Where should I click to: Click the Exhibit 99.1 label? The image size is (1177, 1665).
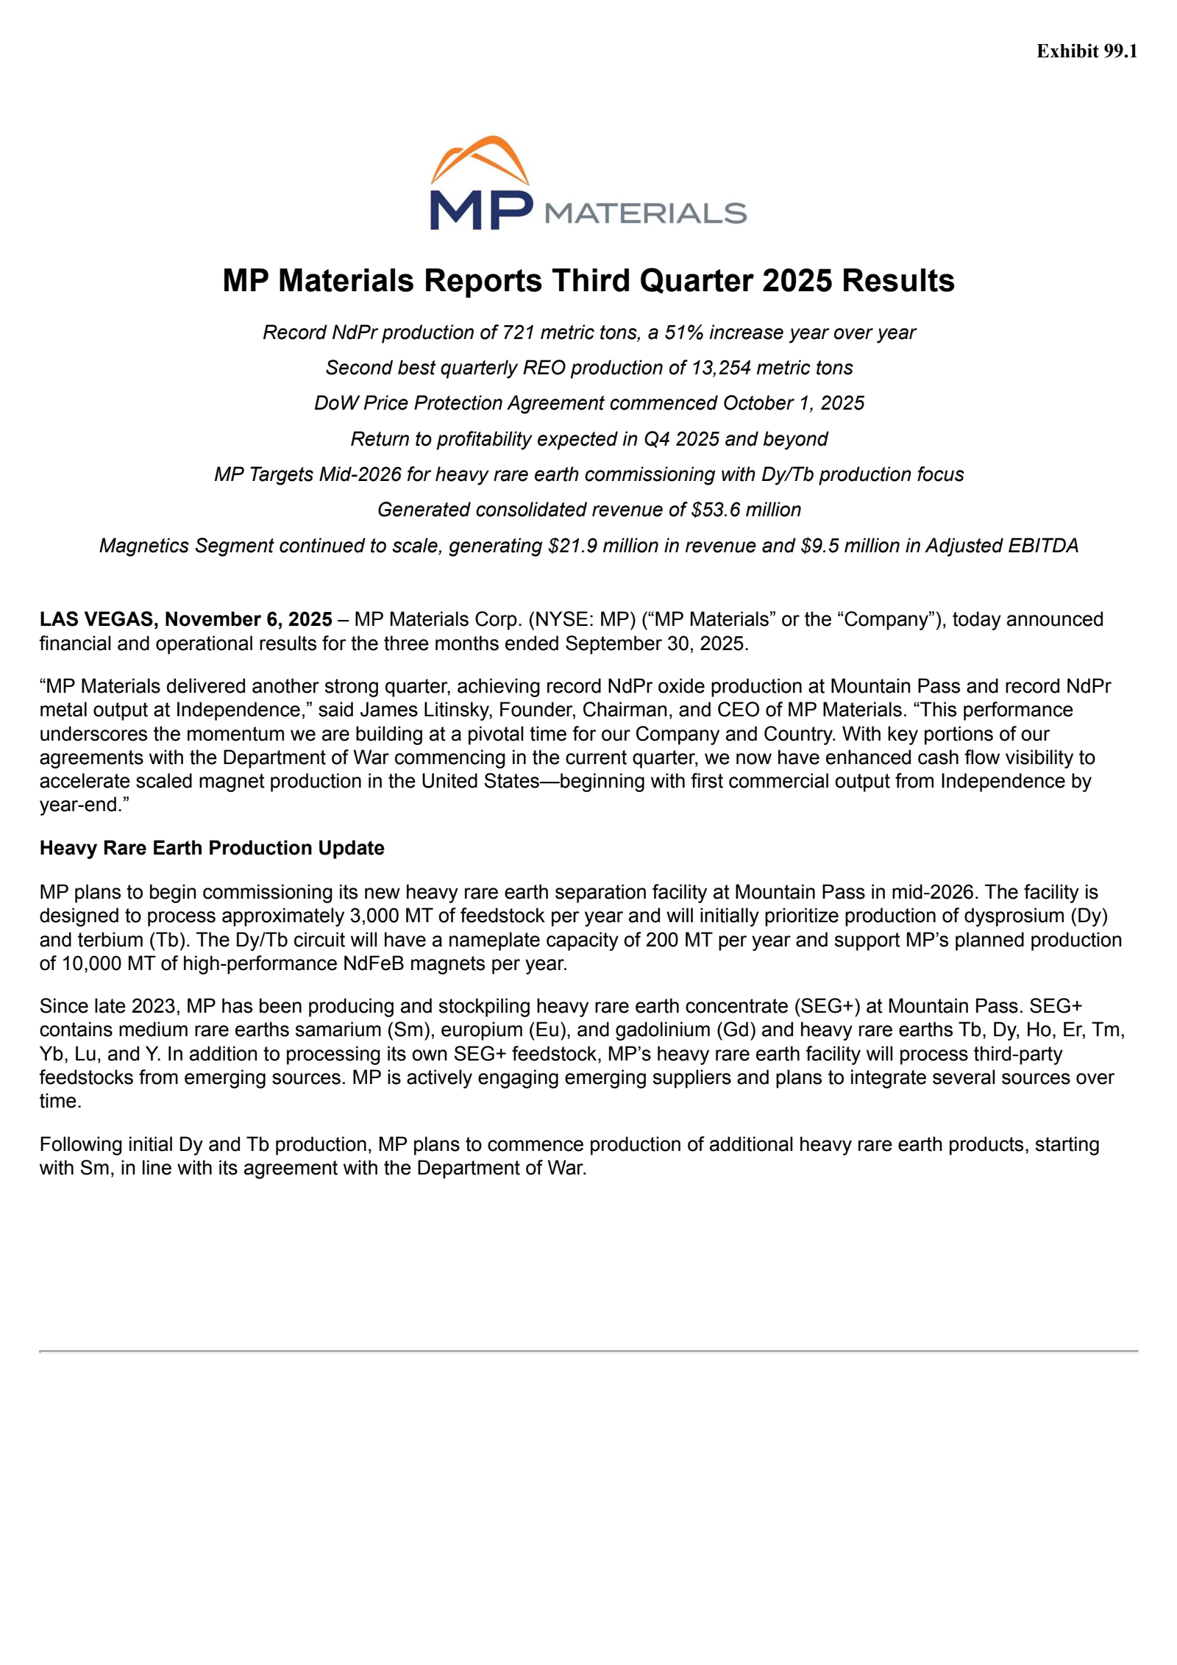(1087, 51)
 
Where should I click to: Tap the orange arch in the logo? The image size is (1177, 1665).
(480, 154)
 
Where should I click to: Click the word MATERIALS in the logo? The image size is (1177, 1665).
(645, 213)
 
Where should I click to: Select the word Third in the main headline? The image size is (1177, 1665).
(592, 281)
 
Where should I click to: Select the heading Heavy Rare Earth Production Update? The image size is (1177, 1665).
(212, 848)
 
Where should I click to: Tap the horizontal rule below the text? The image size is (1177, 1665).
(588, 1351)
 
